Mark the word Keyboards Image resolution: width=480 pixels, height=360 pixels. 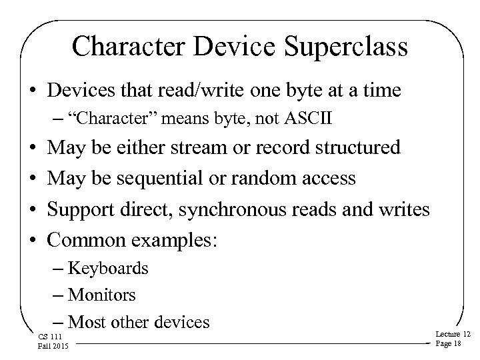[108, 269]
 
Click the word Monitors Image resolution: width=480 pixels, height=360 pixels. [102, 294]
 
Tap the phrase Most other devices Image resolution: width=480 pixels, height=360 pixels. [139, 322]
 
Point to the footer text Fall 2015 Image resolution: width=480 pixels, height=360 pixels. [47, 345]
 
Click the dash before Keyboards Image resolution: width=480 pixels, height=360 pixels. [58, 269]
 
